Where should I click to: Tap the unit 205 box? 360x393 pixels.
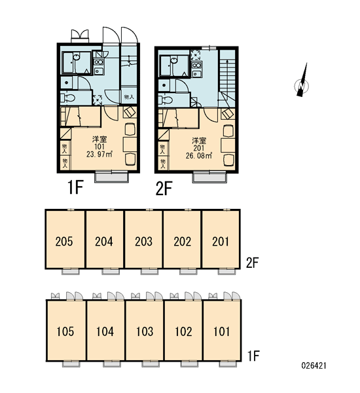65,239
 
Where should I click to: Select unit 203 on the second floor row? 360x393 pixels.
143,239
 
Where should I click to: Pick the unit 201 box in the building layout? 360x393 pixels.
221,239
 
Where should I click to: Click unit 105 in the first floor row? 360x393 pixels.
66,330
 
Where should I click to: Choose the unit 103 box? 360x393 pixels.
145,330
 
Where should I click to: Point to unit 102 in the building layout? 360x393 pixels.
183,330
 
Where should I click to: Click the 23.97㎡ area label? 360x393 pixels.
99,154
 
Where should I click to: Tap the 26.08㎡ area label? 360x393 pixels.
199,155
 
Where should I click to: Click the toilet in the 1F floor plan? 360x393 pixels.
68,98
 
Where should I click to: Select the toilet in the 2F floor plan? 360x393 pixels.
166,100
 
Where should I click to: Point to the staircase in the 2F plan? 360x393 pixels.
228,78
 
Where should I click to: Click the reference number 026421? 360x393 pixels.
314,365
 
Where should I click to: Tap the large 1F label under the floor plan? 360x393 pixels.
75,188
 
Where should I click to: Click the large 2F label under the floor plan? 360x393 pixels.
164,189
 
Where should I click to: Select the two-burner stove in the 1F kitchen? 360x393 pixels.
98,62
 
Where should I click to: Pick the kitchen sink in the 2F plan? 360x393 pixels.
196,73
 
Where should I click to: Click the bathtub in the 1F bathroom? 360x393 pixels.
76,63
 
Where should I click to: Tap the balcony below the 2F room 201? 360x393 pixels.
209,177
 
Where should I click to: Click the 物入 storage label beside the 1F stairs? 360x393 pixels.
129,97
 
